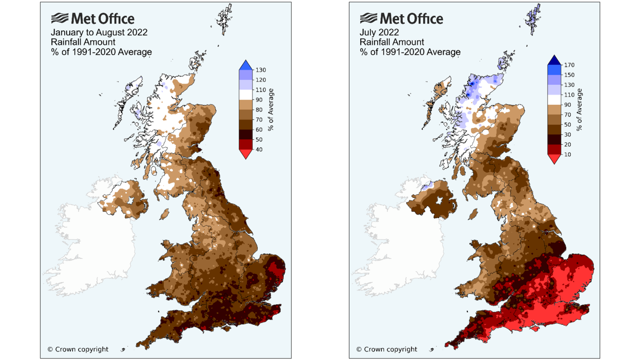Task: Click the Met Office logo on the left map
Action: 93,19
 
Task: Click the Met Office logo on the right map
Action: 401,19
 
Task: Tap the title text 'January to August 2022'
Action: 99,32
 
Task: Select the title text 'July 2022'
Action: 379,32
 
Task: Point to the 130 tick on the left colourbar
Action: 260,70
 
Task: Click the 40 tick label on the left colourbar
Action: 259,150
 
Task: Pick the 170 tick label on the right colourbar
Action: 569,65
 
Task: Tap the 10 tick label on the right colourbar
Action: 567,155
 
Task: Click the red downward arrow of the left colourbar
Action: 246,154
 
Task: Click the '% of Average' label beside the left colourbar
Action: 271,109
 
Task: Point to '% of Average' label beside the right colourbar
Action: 579,109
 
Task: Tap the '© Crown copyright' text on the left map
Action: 78,349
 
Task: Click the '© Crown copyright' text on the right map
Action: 387,349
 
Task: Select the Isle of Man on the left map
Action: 164,214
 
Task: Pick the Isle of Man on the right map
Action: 473,214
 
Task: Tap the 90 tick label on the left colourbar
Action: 259,100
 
